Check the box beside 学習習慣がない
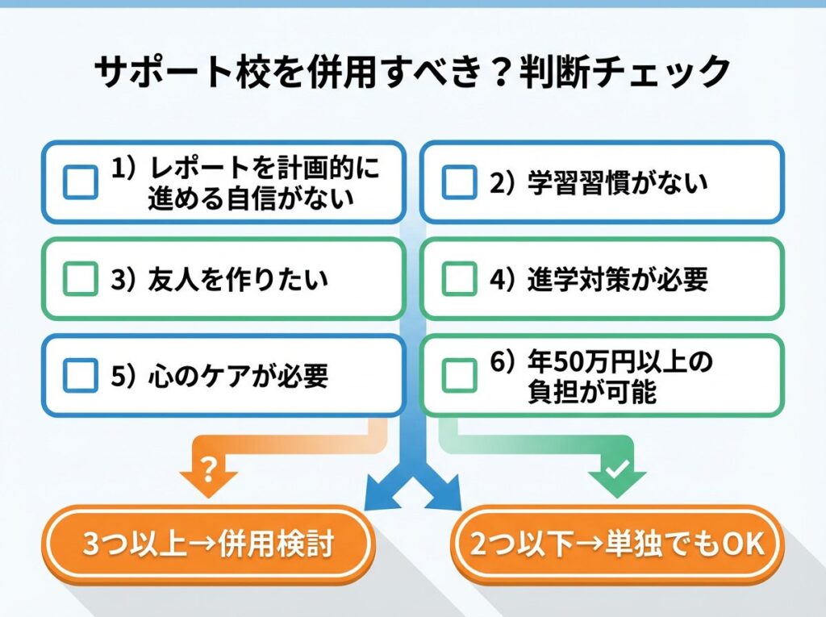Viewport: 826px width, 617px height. click(459, 183)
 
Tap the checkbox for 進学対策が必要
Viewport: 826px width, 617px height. click(459, 279)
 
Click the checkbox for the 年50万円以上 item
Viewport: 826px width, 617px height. click(459, 375)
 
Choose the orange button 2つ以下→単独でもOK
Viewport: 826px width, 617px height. click(617, 544)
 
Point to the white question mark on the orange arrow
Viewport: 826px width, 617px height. click(208, 470)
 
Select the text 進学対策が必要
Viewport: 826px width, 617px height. click(617, 280)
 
